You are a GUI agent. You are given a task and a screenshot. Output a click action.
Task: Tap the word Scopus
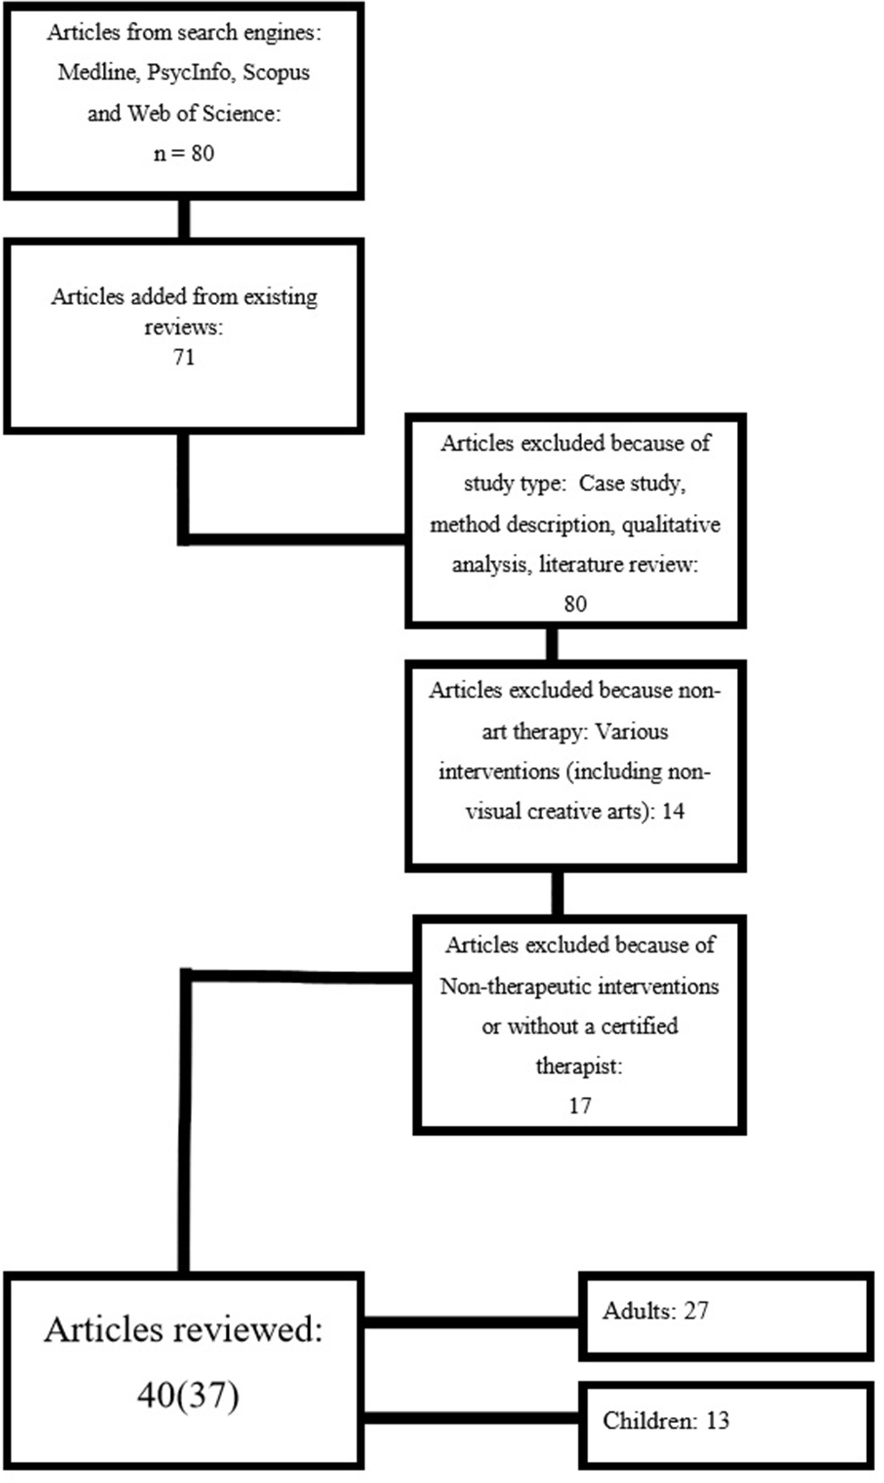pyautogui.click(x=276, y=72)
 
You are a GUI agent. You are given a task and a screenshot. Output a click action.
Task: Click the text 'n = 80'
pyautogui.click(x=183, y=153)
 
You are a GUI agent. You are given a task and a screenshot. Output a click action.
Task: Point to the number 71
pyautogui.click(x=183, y=357)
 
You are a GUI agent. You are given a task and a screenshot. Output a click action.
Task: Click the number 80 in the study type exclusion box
pyautogui.click(x=575, y=604)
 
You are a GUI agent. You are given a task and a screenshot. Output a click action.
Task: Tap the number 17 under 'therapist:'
pyautogui.click(x=580, y=1105)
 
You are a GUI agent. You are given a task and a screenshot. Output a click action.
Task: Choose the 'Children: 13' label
pyautogui.click(x=666, y=1420)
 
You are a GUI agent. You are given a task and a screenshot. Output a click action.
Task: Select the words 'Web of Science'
pyautogui.click(x=202, y=113)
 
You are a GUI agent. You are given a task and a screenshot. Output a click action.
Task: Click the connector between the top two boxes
pyautogui.click(x=183, y=218)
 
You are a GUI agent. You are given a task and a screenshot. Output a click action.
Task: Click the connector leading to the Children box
pyautogui.click(x=471, y=1419)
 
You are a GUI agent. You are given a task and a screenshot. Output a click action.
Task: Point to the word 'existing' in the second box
pyautogui.click(x=280, y=297)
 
